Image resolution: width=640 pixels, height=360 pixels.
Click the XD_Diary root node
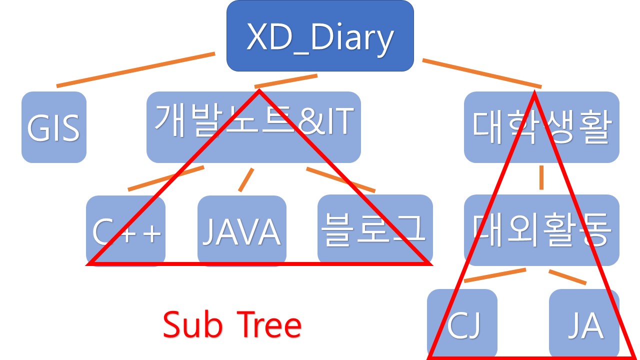pos(320,36)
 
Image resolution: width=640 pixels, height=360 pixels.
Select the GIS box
pos(53,127)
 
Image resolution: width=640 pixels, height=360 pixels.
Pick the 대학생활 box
pos(541,127)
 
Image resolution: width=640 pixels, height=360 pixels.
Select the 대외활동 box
pos(541,230)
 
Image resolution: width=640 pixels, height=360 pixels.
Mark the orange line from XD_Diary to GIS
pos(135,69)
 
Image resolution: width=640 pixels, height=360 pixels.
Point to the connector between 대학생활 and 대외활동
pos(541,177)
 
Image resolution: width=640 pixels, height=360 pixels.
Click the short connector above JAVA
pos(246,180)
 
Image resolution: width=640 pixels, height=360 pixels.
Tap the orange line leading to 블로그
pos(340,179)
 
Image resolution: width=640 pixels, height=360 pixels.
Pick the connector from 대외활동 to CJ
pos(495,275)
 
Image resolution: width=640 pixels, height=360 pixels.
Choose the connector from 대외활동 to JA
pos(567,277)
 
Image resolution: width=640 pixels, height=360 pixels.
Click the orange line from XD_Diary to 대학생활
pos(482,73)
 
